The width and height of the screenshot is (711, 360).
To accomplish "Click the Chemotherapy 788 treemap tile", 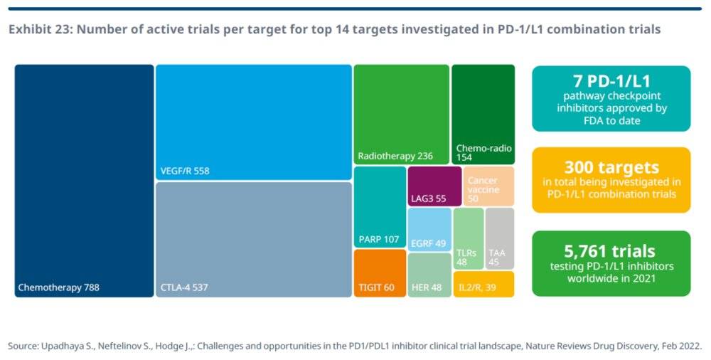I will (84, 181).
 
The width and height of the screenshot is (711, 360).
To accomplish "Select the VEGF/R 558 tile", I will (254, 122).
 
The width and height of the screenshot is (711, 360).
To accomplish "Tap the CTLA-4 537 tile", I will (254, 239).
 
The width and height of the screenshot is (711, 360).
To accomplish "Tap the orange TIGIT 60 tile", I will (380, 273).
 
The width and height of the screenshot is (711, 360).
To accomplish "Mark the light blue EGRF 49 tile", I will (429, 229).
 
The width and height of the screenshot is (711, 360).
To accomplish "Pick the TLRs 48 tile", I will (468, 238).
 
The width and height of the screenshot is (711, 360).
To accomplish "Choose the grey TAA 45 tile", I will (500, 238).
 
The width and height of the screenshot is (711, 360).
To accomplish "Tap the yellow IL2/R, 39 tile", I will (483, 284).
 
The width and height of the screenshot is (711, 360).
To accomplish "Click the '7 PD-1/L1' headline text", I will (611, 81).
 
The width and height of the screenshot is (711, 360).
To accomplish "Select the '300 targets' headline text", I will (611, 167).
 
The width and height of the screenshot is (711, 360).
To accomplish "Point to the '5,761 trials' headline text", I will (611, 251).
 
